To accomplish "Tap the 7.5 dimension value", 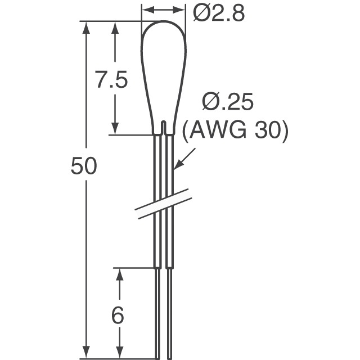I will pyautogui.click(x=110, y=81).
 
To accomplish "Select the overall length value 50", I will pyautogui.click(x=84, y=166).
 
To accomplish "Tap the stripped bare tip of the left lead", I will pyautogui.click(x=157, y=315).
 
